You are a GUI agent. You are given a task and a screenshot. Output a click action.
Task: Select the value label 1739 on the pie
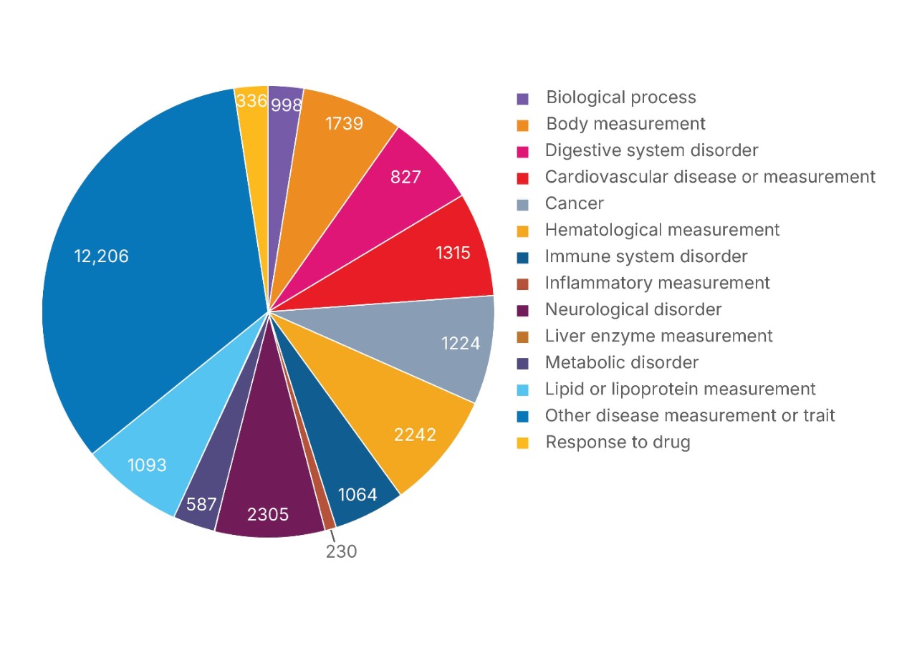pyautogui.click(x=344, y=123)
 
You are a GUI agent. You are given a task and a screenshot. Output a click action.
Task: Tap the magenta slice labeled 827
pyautogui.click(x=405, y=177)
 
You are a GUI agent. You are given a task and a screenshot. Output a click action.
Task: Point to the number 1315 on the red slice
pyautogui.click(x=453, y=252)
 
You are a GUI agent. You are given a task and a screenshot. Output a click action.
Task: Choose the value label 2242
pyautogui.click(x=415, y=434)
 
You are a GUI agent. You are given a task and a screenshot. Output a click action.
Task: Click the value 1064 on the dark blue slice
pyautogui.click(x=357, y=494)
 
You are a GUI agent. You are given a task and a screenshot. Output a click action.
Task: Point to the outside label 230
pyautogui.click(x=341, y=551)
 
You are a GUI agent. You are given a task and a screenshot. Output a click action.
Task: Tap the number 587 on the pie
pyautogui.click(x=201, y=504)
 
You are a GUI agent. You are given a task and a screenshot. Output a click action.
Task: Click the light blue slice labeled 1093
pyautogui.click(x=147, y=465)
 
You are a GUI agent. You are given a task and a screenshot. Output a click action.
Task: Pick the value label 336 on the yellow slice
pyautogui.click(x=251, y=101)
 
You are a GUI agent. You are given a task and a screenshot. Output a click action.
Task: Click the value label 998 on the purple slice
pyautogui.click(x=286, y=105)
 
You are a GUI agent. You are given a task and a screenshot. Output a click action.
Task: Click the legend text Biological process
pyautogui.click(x=620, y=97)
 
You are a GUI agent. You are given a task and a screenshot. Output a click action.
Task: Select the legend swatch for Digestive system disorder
pyautogui.click(x=523, y=151)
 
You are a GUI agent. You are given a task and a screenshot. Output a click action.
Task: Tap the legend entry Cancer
pyautogui.click(x=574, y=203)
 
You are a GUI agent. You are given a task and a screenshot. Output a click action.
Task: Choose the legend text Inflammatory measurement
pyautogui.click(x=657, y=283)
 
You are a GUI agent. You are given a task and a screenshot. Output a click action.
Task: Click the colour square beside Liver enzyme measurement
pyautogui.click(x=523, y=337)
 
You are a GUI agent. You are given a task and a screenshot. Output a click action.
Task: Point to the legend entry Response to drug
pyautogui.click(x=618, y=442)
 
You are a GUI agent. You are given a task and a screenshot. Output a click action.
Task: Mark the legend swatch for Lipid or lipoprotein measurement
pyautogui.click(x=523, y=390)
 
